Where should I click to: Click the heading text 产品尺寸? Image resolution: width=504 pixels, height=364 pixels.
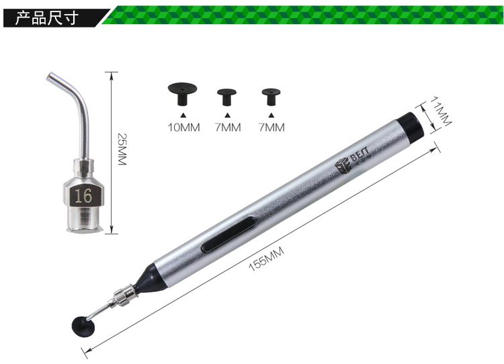coord(46,17)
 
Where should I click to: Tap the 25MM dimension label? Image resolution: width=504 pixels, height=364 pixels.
coord(122,149)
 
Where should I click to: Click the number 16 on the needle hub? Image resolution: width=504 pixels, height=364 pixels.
coord(83,195)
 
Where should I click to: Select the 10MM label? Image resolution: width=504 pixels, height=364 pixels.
coord(183,128)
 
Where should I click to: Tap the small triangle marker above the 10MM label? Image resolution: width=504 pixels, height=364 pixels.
coord(183,115)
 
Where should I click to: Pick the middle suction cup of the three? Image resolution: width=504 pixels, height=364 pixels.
coord(227,97)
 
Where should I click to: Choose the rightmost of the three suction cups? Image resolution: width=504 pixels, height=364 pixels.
coord(271,97)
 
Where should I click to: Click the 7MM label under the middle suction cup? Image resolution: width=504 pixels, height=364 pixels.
coord(228,128)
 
